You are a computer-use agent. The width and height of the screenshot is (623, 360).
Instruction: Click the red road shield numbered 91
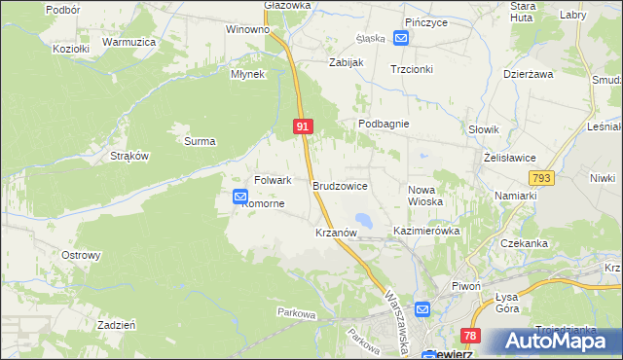click(303, 126)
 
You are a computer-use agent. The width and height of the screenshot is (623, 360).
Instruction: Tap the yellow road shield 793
click(541, 178)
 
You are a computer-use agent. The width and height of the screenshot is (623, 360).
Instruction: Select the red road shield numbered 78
click(471, 336)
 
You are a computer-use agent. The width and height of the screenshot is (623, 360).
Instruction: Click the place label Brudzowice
click(340, 184)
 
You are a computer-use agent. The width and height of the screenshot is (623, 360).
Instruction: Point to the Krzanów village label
click(339, 234)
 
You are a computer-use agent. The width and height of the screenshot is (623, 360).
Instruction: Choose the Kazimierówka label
click(426, 232)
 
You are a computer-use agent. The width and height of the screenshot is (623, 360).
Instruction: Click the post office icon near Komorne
click(239, 197)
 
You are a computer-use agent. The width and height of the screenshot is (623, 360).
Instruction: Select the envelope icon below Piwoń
click(422, 309)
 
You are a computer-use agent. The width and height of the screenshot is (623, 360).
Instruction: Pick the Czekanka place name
click(525, 243)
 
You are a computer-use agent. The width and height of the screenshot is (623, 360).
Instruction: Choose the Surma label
click(200, 141)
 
